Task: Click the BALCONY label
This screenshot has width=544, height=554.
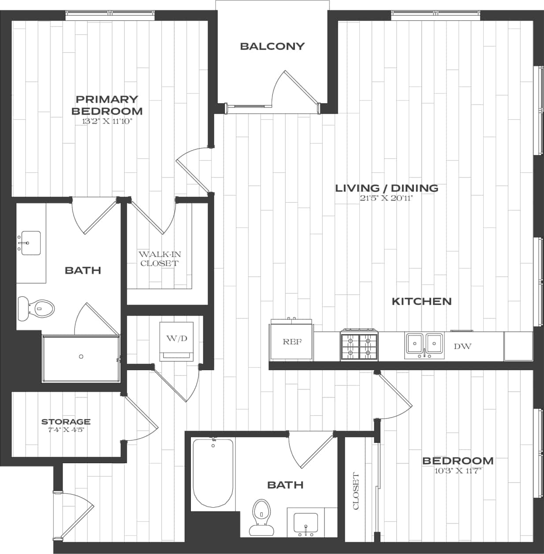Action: [x=272, y=46]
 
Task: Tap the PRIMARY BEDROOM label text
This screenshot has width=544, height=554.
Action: [x=107, y=105]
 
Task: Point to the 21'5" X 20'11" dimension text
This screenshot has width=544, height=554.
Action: [x=387, y=198]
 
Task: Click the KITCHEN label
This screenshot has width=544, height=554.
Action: [x=421, y=301]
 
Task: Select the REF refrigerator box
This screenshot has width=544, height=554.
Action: [x=292, y=342]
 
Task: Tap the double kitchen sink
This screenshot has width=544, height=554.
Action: [x=424, y=344]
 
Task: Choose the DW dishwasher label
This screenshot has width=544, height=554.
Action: [x=462, y=346]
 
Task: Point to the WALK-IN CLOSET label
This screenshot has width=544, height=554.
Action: [x=160, y=259]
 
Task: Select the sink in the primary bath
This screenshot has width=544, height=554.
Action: [x=30, y=242]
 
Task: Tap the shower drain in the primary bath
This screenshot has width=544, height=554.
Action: [x=81, y=357]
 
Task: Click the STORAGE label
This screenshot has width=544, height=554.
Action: [x=66, y=422]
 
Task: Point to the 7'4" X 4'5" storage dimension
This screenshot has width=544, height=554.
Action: [x=66, y=430]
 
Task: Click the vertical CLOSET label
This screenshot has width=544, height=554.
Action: [x=356, y=491]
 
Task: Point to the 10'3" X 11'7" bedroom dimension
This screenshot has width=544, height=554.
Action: [x=458, y=470]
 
